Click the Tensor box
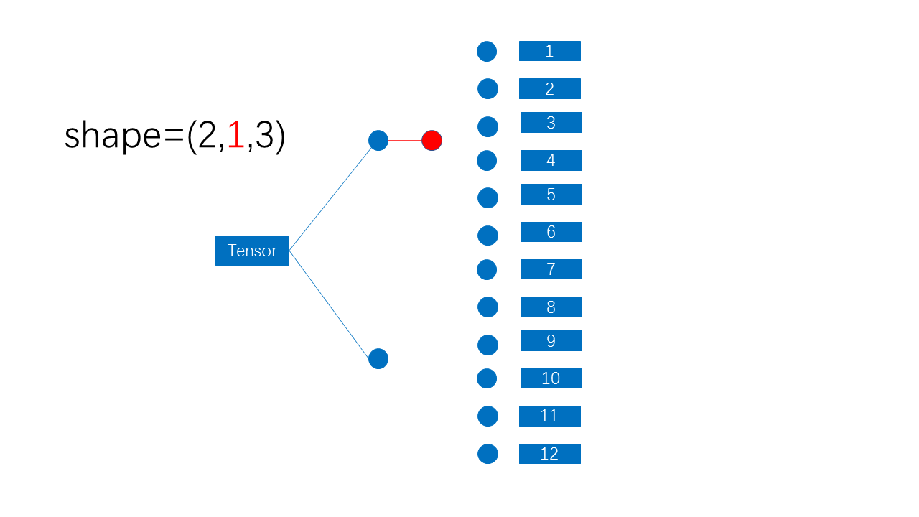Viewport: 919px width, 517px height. click(252, 251)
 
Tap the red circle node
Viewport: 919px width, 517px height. click(431, 140)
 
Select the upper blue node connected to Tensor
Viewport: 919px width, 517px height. click(378, 140)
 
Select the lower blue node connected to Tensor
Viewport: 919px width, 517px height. click(378, 358)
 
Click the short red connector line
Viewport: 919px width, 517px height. click(405, 140)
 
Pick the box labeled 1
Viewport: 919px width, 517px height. click(549, 51)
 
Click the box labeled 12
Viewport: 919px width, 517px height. click(549, 454)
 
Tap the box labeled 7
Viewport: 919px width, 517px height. click(551, 269)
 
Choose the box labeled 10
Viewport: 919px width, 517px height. click(551, 378)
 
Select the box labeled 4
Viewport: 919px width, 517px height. click(551, 160)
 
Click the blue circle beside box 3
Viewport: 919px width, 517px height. click(488, 126)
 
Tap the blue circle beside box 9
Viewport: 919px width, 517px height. click(488, 345)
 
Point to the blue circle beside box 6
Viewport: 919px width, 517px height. click(488, 236)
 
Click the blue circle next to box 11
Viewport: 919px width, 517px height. click(488, 416)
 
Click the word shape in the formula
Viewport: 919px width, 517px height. click(113, 136)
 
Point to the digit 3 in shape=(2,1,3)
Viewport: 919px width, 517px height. click(264, 136)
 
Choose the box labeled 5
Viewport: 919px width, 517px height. click(551, 195)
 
